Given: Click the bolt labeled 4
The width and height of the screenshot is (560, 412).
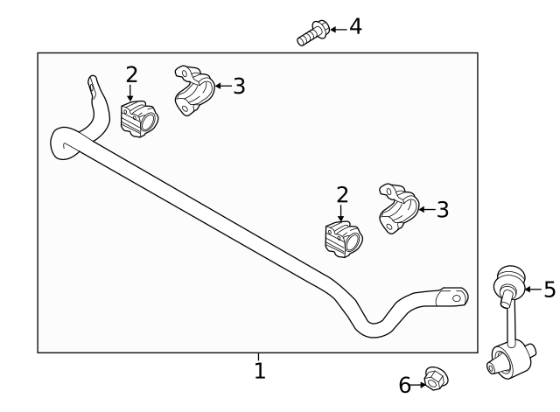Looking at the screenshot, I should click(311, 33).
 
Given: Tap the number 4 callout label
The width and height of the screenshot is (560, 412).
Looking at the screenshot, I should click(354, 26).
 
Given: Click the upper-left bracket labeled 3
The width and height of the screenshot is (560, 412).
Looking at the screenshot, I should click(193, 90).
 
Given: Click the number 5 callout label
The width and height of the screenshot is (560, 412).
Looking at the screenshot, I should click(549, 290).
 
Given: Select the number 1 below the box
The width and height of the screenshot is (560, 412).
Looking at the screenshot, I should click(259, 371).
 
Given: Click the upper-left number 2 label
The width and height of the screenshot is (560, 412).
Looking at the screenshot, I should click(131, 74).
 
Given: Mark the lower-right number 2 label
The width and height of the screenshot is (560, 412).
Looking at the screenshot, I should click(342, 194).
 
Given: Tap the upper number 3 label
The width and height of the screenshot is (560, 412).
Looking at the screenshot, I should click(239, 86).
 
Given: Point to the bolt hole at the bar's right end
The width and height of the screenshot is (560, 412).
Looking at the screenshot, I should click(454, 296).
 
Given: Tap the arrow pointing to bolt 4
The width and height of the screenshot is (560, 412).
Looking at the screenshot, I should click(337, 28).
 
